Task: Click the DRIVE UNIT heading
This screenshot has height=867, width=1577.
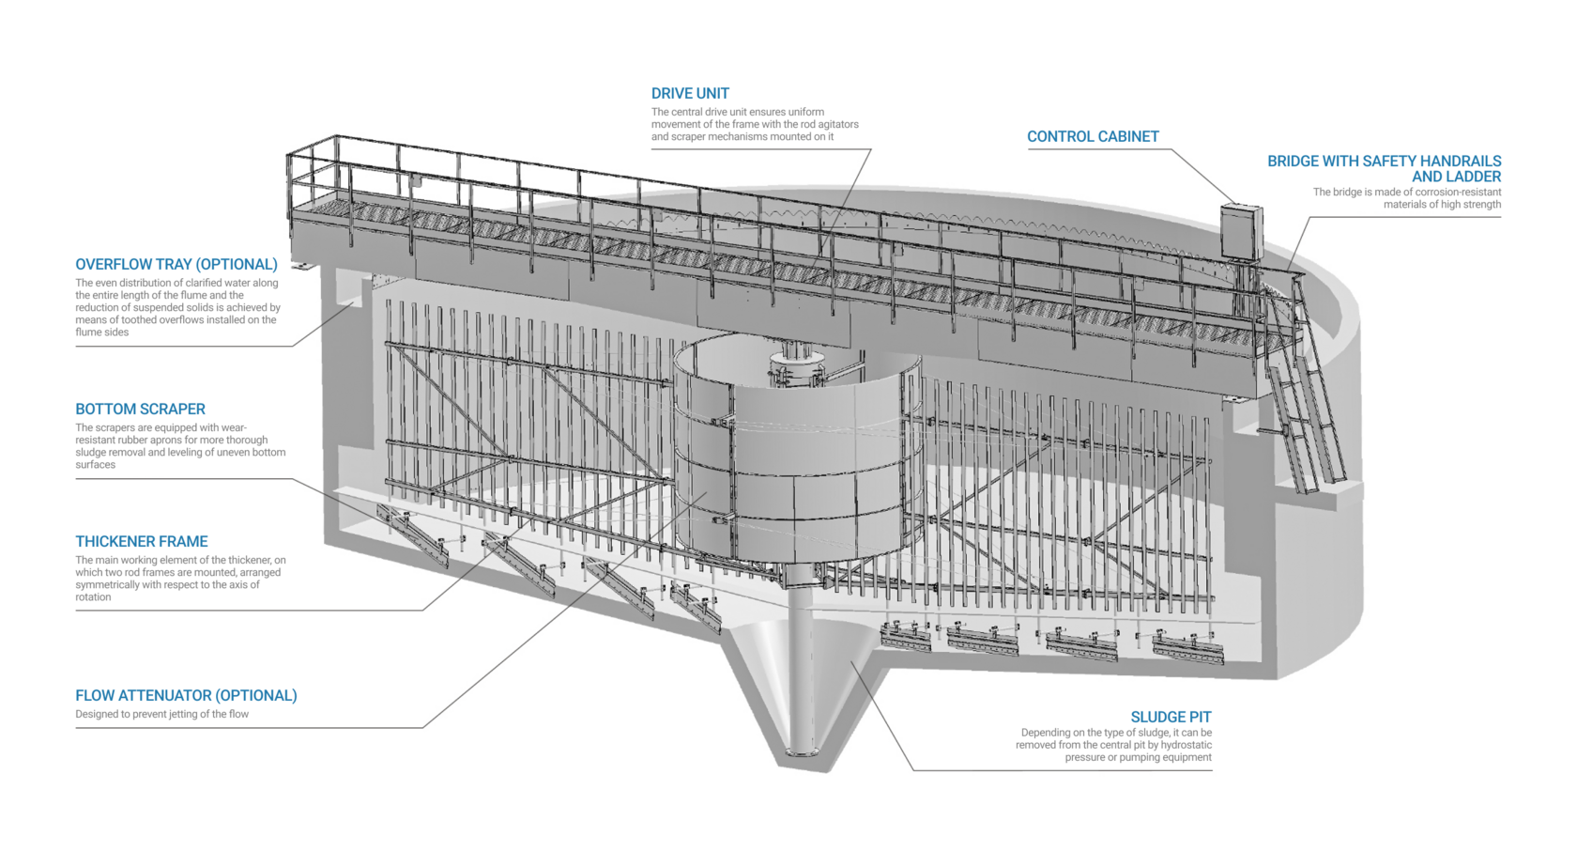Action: pyautogui.click(x=690, y=94)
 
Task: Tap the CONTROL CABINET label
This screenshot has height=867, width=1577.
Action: pyautogui.click(x=1093, y=137)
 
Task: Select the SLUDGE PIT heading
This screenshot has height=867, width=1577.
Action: pyautogui.click(x=1171, y=718)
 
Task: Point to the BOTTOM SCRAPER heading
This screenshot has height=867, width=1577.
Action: pyautogui.click(x=140, y=410)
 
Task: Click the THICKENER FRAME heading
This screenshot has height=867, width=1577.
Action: pyautogui.click(x=142, y=542)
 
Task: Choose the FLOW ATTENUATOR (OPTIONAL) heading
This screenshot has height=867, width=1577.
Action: pyautogui.click(x=186, y=696)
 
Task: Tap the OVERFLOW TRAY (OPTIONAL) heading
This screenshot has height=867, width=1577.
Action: pyautogui.click(x=176, y=265)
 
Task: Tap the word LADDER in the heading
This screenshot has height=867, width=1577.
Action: pyautogui.click(x=1474, y=177)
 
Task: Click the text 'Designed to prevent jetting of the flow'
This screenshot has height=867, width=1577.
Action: pyautogui.click(x=162, y=715)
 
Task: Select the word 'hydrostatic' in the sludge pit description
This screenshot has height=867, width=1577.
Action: pyautogui.click(x=1184, y=746)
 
